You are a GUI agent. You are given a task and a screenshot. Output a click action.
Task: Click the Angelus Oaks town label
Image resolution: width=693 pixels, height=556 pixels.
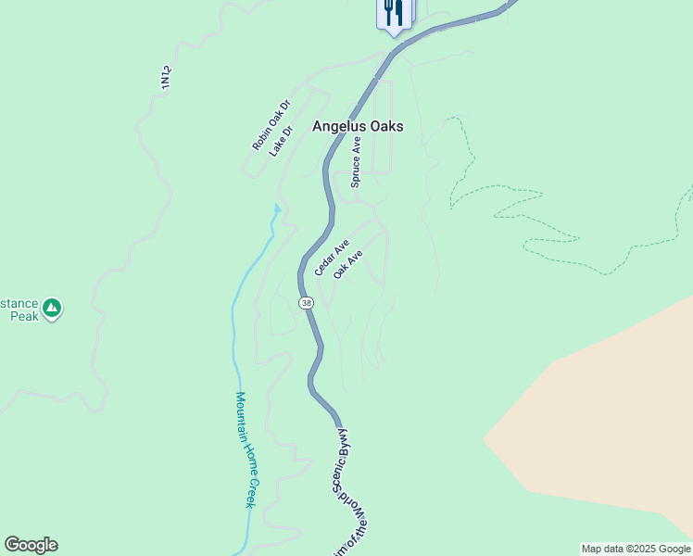point(358,127)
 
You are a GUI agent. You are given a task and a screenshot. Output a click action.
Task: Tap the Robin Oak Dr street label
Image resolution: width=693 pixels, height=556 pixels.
point(271,125)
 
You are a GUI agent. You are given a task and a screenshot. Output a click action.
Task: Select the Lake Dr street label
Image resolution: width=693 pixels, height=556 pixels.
point(281,141)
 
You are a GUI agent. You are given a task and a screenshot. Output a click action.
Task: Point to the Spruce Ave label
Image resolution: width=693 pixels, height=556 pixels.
point(356,163)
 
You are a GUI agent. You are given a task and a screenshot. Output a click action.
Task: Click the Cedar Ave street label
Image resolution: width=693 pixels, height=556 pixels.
point(331,258)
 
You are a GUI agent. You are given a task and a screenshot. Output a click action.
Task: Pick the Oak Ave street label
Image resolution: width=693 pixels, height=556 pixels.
point(347,264)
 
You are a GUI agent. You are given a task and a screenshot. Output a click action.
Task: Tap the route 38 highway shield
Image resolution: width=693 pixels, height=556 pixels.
point(306,303)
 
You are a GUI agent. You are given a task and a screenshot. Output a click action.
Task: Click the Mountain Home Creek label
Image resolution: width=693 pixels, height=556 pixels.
point(245,449)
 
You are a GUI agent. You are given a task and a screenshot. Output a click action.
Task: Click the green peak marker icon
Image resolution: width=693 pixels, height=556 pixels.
point(52,307)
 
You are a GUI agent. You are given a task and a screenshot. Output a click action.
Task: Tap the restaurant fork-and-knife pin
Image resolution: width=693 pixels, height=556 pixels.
point(394,13)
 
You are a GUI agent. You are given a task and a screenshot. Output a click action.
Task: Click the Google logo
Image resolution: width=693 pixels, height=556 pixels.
point(31,545)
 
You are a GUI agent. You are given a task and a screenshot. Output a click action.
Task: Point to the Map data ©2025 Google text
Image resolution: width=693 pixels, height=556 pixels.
point(636,549)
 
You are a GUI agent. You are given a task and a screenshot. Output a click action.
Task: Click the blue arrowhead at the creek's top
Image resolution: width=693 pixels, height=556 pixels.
point(276,208)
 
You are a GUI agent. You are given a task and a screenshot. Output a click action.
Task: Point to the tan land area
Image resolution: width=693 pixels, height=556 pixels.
point(602,417)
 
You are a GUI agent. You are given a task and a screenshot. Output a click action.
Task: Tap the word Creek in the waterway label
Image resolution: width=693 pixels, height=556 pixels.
point(249,491)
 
